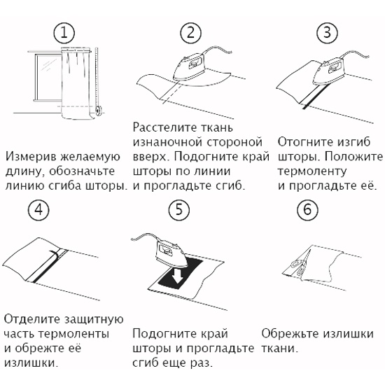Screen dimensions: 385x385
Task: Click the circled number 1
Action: coord(64,33)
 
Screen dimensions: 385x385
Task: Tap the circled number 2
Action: coord(191,33)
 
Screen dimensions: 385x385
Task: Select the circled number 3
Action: coord(327,33)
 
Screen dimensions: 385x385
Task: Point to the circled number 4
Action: coord(38,210)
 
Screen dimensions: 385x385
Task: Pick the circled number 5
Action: coord(179,210)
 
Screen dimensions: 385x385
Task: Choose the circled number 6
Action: coord(307,210)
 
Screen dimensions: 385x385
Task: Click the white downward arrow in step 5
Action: coord(177,275)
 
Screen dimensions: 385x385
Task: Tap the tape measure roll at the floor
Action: coord(99,110)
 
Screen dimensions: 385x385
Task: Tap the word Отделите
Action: coord(32,320)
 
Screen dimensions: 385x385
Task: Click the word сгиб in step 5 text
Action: coord(145,363)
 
